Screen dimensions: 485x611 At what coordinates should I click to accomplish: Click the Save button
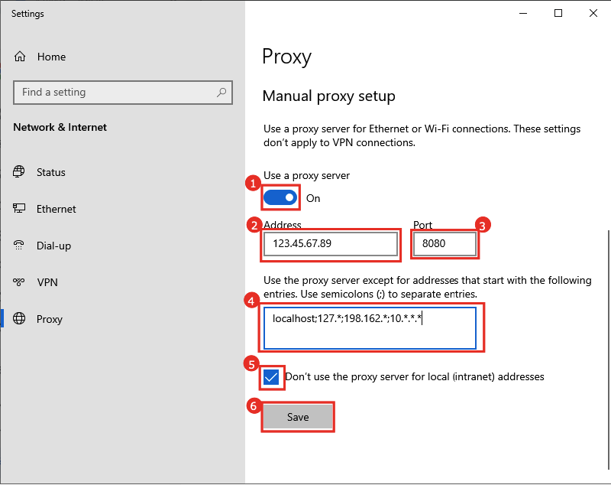pos(298,417)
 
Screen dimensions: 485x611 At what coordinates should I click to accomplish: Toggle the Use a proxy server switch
pos(280,198)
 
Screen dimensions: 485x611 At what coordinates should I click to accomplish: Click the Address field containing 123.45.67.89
pos(331,244)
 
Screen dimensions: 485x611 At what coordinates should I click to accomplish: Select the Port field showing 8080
pos(445,244)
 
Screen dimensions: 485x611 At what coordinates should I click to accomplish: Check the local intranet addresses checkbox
pos(271,377)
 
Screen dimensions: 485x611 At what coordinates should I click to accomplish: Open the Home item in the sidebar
pos(51,57)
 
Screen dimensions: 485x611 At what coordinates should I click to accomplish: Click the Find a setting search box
pos(115,93)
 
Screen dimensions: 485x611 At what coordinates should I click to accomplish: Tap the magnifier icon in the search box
pos(221,93)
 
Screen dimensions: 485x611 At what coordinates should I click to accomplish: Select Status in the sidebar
pos(51,172)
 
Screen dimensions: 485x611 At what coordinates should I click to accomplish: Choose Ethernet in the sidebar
pos(56,209)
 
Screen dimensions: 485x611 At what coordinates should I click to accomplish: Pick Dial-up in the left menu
pos(53,246)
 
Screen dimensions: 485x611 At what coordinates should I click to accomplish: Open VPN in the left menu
pos(47,282)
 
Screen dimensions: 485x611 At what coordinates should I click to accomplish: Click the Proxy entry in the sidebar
pos(50,319)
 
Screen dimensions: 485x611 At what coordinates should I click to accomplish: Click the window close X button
pos(593,13)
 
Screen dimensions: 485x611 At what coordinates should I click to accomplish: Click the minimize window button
pos(523,13)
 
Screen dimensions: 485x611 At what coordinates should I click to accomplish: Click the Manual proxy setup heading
pos(328,96)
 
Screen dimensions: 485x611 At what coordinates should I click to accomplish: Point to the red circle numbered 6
pos(253,406)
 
